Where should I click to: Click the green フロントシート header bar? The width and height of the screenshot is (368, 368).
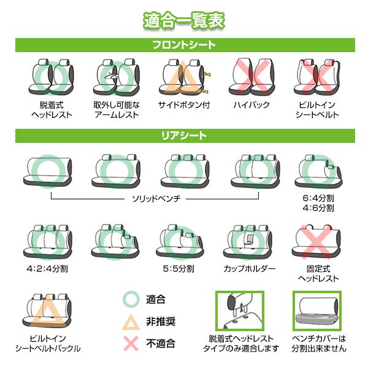pos(184,45)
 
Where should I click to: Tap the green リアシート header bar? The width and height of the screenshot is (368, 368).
pos(184,135)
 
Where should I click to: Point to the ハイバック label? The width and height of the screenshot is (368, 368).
pos(251,105)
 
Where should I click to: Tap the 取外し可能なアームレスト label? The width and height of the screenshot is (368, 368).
pos(117,110)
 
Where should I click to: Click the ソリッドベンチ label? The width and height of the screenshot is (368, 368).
pos(156,199)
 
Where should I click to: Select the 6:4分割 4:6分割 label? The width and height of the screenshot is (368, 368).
pos(318,204)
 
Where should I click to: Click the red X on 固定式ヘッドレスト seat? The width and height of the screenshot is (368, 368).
pos(318,242)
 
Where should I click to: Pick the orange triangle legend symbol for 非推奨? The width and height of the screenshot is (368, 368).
pos(131,322)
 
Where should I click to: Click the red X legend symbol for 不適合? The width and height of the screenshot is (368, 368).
pos(131,344)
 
